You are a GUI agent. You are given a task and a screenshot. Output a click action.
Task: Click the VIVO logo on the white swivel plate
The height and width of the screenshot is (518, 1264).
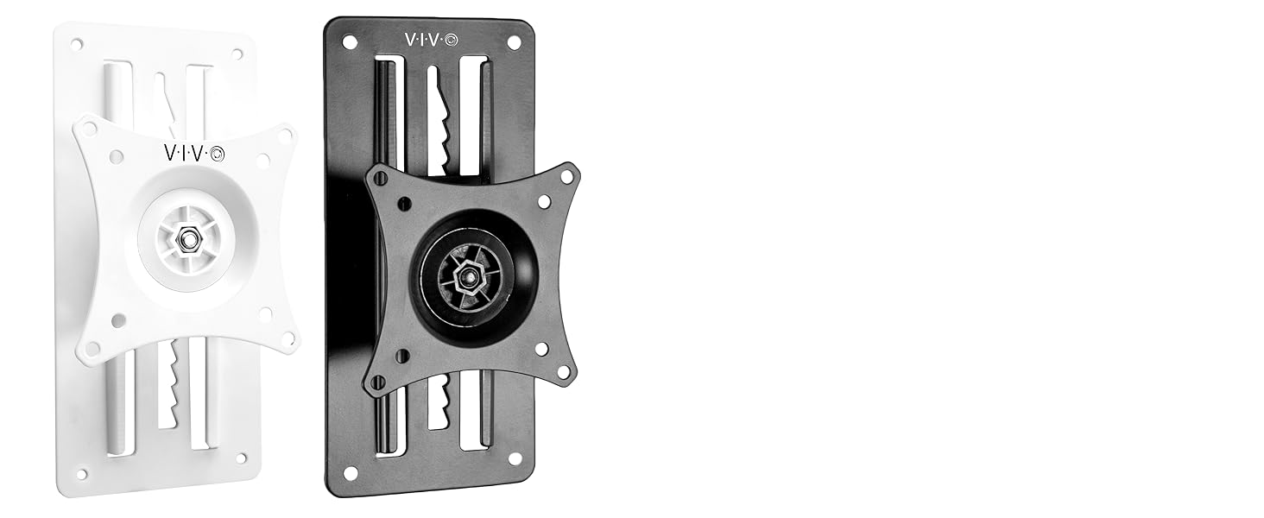tap(193, 153)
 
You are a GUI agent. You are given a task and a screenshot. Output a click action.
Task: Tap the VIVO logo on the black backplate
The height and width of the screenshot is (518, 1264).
tap(432, 39)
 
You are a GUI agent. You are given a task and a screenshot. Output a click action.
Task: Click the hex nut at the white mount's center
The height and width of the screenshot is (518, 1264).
tap(185, 239)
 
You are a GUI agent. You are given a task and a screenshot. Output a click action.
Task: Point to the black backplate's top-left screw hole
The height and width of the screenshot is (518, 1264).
tap(349, 41)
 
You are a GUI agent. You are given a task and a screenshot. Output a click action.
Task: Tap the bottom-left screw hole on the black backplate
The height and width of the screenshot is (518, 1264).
tap(350, 472)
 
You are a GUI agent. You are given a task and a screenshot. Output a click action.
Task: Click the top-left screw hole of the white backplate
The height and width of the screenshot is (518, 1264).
tap(77, 43)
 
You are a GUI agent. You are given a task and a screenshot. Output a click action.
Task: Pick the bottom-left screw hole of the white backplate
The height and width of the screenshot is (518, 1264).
tap(82, 473)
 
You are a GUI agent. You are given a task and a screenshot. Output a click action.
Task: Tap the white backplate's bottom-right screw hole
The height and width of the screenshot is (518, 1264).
tap(241, 458)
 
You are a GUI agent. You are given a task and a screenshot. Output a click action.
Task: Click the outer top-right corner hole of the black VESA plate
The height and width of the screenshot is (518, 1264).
tap(566, 176)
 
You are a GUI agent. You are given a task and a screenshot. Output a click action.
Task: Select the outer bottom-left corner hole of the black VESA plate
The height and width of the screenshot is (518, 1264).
tap(376, 381)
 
